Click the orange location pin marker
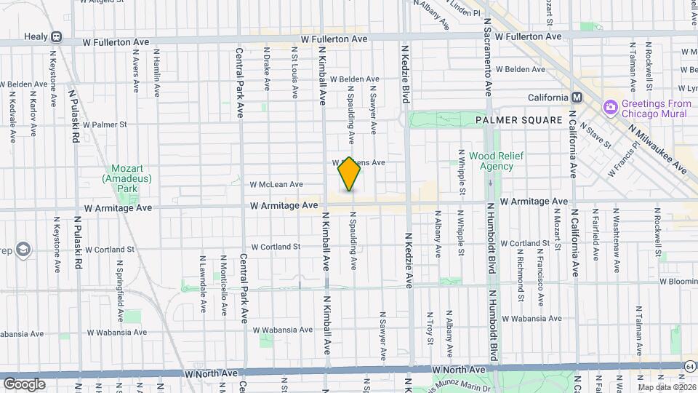350,174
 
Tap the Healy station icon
56,37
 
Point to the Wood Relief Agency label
491,161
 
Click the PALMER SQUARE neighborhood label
518,119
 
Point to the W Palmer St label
105,124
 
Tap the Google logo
24,384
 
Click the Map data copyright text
663,386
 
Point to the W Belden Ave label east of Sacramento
520,70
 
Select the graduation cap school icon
23,250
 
